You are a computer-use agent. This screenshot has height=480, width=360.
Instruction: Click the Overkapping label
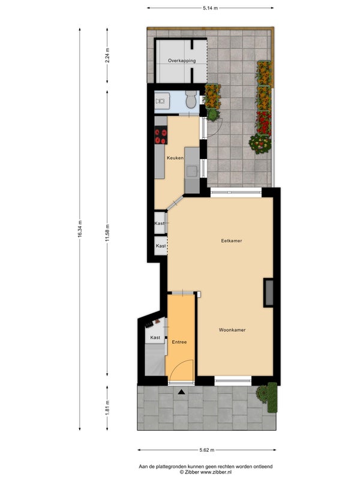click(182, 61)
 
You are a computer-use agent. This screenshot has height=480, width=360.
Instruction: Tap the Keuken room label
click(175, 158)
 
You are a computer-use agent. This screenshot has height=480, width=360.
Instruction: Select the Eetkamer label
click(232, 241)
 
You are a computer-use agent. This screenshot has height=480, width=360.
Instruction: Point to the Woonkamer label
click(232, 330)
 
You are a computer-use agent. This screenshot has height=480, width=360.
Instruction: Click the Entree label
click(179, 342)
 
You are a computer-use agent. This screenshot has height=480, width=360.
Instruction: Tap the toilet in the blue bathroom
click(191, 99)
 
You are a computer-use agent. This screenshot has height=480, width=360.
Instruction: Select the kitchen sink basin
click(192, 171)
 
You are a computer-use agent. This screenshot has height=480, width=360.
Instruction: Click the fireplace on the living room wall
click(268, 292)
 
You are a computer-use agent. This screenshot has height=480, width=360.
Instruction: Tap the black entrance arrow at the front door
click(182, 391)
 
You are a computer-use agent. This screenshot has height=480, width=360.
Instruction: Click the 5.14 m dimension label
click(211, 8)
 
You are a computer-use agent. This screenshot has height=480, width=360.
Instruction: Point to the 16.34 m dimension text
click(80, 229)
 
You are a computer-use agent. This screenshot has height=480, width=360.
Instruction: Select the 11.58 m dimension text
click(107, 233)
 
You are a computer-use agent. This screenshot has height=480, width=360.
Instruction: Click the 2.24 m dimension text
click(107, 55)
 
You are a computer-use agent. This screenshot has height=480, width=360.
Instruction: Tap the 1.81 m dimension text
click(107, 408)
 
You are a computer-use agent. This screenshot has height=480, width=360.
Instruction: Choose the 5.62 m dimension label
click(207, 450)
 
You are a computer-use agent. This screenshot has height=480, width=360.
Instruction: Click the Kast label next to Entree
click(155, 337)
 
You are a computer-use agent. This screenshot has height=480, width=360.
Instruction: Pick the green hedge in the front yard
click(272, 397)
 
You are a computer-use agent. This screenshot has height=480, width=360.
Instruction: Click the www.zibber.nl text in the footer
click(216, 472)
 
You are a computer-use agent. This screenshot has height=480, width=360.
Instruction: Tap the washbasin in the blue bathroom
click(160, 101)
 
